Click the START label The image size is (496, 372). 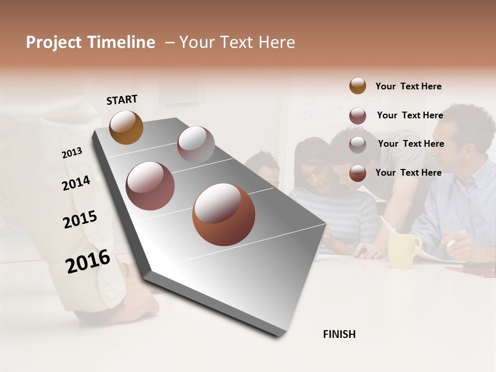(x=122, y=100)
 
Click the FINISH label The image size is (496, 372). (x=339, y=334)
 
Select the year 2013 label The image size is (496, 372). (x=72, y=153)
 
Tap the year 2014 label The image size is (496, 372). (x=76, y=183)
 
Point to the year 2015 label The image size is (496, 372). (x=80, y=220)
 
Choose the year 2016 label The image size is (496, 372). (x=88, y=261)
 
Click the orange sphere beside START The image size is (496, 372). (x=126, y=127)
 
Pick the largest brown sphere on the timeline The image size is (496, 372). (x=223, y=214)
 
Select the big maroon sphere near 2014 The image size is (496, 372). (x=150, y=185)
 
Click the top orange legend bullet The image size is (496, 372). (x=358, y=86)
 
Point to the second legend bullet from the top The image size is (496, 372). (x=358, y=116)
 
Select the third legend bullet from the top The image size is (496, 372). (x=358, y=144)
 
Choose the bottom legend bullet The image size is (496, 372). (x=358, y=173)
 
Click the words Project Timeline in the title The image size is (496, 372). (x=90, y=42)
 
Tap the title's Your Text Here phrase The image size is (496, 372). (x=237, y=42)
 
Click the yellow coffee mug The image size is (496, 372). (x=404, y=251)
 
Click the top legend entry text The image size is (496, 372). (x=408, y=86)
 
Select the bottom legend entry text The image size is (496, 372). (x=408, y=173)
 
